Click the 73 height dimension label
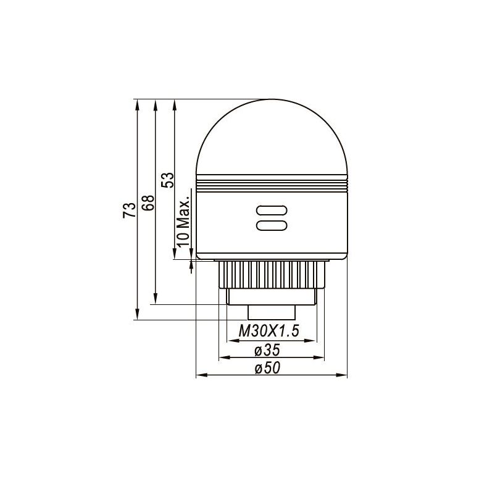[128, 210]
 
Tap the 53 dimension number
[167, 179]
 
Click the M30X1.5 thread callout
[269, 331]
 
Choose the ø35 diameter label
[267, 350]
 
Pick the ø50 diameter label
[267, 369]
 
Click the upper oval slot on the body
[271, 210]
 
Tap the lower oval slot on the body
[271, 225]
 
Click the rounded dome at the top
[272, 139]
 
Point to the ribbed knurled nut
[272, 273]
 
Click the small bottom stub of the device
[272, 312]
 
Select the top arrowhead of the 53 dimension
[175, 102]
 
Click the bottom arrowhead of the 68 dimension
[156, 300]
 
